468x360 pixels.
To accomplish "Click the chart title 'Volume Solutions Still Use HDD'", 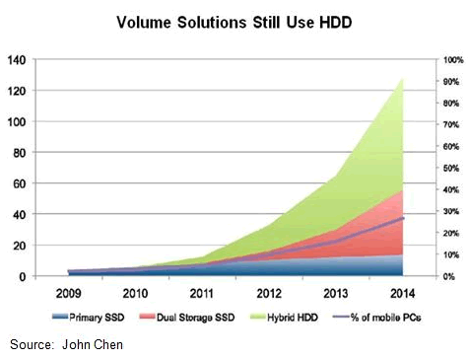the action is tap(234, 23).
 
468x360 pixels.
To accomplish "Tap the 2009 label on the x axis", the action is tap(68, 293).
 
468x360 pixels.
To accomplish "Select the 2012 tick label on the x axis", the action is tap(269, 293).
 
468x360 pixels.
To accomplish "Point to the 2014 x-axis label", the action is tap(403, 293).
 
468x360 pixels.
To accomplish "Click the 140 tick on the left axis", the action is tap(17, 60).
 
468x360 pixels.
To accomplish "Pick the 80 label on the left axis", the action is tap(20, 153).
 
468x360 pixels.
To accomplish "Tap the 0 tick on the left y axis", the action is tap(23, 276).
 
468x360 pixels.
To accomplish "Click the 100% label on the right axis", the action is tap(453, 60).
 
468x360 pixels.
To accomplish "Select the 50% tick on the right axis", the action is tap(451, 168).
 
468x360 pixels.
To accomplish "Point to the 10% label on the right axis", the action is tap(451, 254).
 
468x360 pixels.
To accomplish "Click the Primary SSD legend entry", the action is tap(89, 318).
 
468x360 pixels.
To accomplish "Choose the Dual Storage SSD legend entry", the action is tap(187, 318).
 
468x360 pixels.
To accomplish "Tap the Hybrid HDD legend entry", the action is tap(284, 318).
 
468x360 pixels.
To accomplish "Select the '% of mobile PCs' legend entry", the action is tap(376, 318).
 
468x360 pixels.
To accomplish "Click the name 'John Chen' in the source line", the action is tap(93, 344).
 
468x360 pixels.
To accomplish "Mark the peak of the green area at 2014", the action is tap(403, 79).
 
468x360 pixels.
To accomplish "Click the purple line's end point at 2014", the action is tap(403, 218).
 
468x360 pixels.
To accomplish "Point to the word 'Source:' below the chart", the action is tap(32, 344).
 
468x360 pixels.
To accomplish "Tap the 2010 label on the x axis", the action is tap(135, 293).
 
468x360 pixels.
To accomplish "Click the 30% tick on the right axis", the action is tap(451, 211).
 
